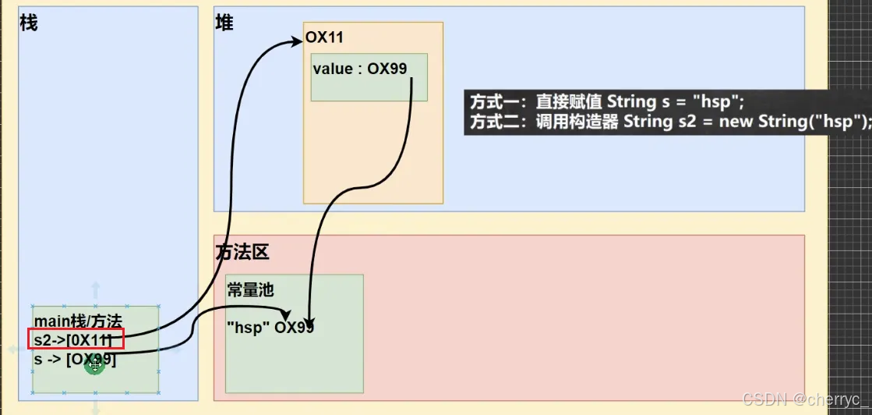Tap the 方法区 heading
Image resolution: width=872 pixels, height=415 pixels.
[x=242, y=252]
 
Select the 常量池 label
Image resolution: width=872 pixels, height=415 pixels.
[x=250, y=290]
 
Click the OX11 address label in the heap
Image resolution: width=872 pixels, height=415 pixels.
[x=324, y=37]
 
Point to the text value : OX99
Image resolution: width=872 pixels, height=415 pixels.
[x=360, y=69]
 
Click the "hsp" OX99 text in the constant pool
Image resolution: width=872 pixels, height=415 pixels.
[x=270, y=327]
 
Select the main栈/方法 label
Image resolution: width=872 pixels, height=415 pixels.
[x=78, y=321]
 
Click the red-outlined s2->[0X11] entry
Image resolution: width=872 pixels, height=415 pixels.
[x=76, y=339]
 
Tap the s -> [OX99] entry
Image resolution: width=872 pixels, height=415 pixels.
[x=75, y=360]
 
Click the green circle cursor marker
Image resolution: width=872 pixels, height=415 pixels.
[x=95, y=364]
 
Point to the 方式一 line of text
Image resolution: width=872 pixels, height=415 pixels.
[x=607, y=101]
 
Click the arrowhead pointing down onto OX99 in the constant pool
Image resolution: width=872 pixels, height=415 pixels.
[x=309, y=322]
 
